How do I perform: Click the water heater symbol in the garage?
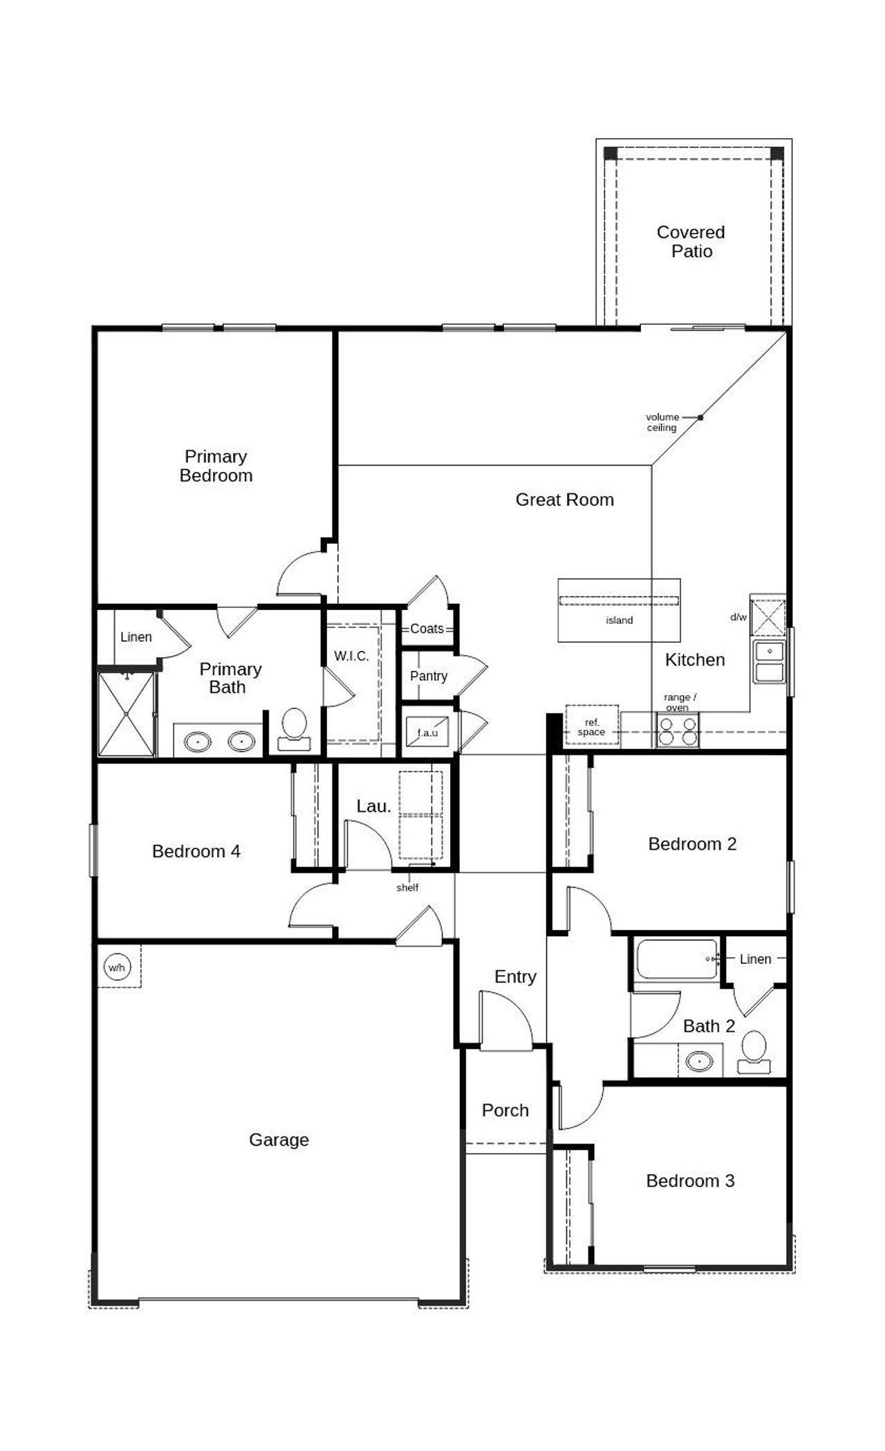[116, 967]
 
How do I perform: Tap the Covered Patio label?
[691, 242]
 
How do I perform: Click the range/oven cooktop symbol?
[677, 731]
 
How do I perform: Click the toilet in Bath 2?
[753, 1052]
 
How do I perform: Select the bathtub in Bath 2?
[677, 958]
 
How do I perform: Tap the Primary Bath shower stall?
[126, 714]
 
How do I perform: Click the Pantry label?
[429, 676]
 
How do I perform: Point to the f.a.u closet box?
[427, 732]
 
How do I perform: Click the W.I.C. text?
[351, 656]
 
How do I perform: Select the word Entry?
[515, 976]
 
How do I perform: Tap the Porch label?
[505, 1110]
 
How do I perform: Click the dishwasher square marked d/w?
[768, 617]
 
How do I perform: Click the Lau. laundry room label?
[373, 806]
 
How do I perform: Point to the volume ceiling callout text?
[662, 422]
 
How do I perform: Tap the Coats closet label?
[427, 628]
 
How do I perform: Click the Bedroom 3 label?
[690, 1181]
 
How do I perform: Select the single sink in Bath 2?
[699, 1061]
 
